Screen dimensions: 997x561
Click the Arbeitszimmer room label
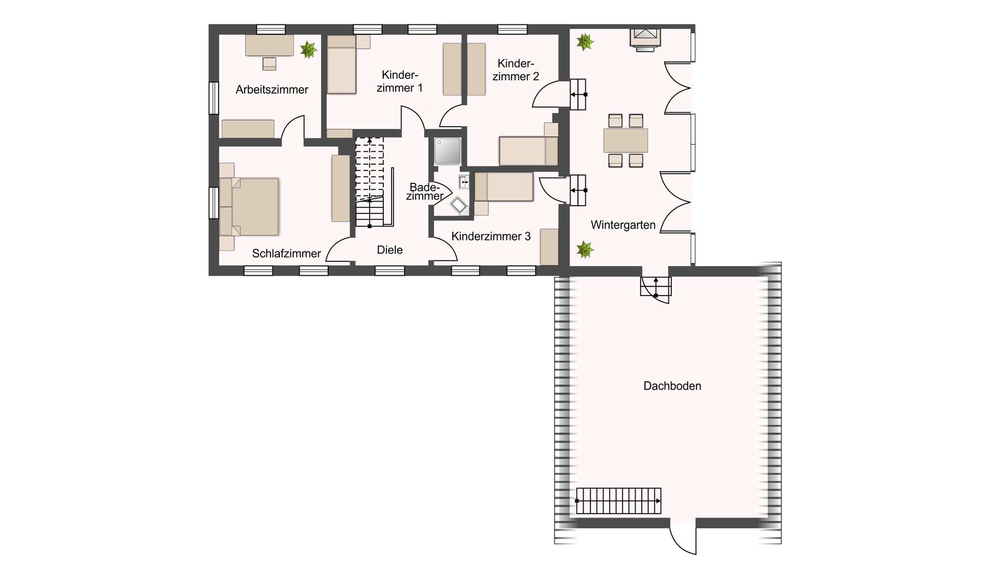pyautogui.click(x=272, y=90)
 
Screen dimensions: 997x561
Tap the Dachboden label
pyautogui.click(x=672, y=386)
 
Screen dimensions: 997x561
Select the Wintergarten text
pyautogui.click(x=623, y=225)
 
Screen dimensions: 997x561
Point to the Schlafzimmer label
pyautogui.click(x=286, y=253)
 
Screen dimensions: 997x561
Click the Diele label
pyautogui.click(x=389, y=250)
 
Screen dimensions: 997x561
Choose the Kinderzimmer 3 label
pyautogui.click(x=491, y=236)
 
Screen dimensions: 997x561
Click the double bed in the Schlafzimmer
pyautogui.click(x=249, y=207)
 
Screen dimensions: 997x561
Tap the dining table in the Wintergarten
pyautogui.click(x=625, y=140)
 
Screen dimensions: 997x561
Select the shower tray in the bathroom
pyautogui.click(x=448, y=151)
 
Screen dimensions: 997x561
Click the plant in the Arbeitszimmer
pyautogui.click(x=308, y=50)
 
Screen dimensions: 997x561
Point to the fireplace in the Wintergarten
pyautogui.click(x=645, y=40)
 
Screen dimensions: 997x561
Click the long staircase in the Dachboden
pyautogui.click(x=618, y=501)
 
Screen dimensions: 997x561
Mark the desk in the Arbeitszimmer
pyautogui.click(x=270, y=45)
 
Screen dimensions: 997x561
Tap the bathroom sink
pyautogui.click(x=464, y=182)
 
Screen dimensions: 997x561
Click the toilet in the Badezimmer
pyautogui.click(x=459, y=205)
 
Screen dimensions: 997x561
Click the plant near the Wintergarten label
pyautogui.click(x=585, y=250)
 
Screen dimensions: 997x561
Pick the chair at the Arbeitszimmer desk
pyautogui.click(x=269, y=64)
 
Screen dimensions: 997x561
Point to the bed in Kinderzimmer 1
pyautogui.click(x=341, y=64)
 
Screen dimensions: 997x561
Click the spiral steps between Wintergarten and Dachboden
pyautogui.click(x=655, y=289)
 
